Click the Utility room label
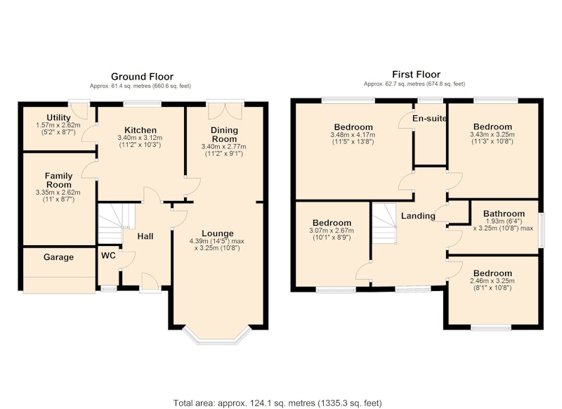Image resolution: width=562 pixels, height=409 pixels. tap(58, 117)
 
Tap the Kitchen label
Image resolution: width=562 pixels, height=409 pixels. tap(140, 130)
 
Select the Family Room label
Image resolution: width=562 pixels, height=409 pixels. tap(59, 181)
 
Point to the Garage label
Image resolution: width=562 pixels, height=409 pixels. tap(58, 257)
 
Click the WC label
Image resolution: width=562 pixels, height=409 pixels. tap(108, 256)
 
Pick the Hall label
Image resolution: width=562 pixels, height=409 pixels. tap(145, 236)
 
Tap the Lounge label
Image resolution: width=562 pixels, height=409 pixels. tap(218, 233)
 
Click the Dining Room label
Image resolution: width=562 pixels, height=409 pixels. tap(224, 134)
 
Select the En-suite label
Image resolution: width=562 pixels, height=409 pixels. tap(429, 118)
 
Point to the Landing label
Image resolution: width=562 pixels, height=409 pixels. tap(418, 216)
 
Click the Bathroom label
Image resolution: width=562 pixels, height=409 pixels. tap(504, 214)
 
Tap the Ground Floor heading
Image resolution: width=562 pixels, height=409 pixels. tap(142, 77)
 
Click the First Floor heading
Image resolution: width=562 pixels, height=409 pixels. tap(416, 74)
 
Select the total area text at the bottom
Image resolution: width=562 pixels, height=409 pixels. tap(277, 403)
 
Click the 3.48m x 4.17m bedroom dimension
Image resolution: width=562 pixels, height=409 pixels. tap(353, 135)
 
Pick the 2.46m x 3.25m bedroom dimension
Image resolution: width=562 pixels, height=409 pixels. tap(492, 281)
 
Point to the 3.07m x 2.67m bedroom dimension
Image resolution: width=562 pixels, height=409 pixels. tap(332, 231)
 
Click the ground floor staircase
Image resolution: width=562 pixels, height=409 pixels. tap(115, 223)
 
